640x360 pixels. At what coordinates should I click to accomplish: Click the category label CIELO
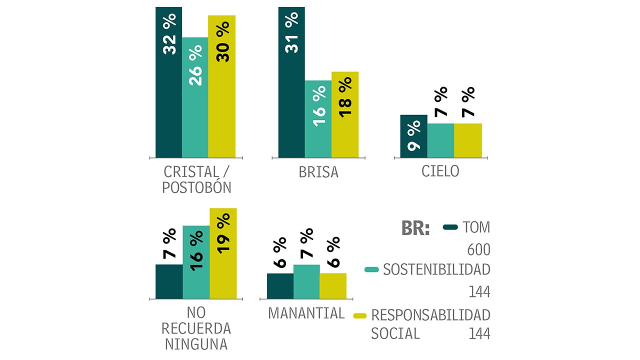tap(440, 171)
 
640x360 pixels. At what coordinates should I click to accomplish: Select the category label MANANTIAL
tap(306, 313)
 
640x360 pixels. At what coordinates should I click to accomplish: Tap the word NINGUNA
tap(196, 344)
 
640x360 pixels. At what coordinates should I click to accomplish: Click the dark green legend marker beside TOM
tap(450, 227)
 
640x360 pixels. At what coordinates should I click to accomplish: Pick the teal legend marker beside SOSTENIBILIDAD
tap(372, 270)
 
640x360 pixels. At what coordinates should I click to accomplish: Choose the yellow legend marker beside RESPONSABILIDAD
tap(360, 315)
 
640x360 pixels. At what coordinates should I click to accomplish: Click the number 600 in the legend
tap(478, 249)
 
